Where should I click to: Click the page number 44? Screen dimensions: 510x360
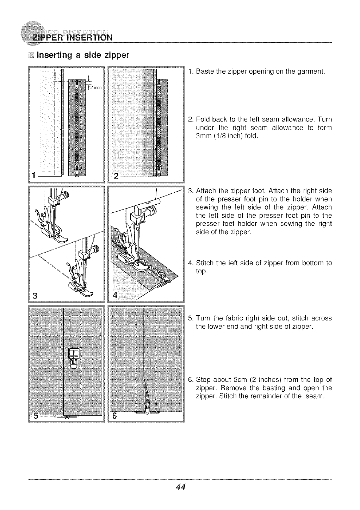point(180,487)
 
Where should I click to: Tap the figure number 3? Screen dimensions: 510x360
point(34,295)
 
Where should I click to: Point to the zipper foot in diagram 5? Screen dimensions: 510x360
point(74,357)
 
